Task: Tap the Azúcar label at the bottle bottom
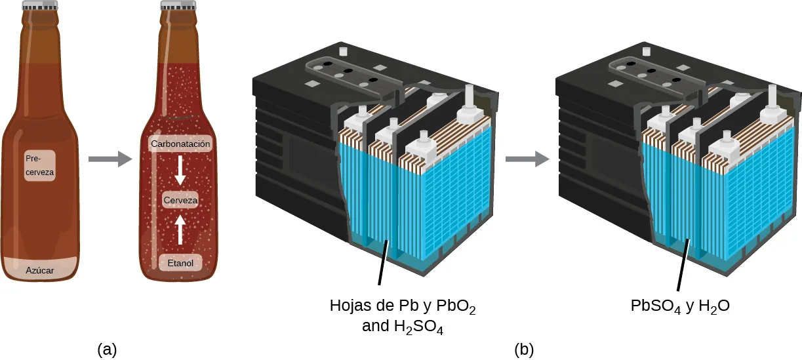(40, 270)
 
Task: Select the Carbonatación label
(180, 144)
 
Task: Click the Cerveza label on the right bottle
(180, 200)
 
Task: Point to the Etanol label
(180, 263)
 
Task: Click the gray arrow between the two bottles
(106, 159)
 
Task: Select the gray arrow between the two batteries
(527, 159)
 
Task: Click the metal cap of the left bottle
(40, 7)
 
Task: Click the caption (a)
(107, 349)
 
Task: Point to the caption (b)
(523, 350)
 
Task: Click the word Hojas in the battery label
(349, 306)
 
